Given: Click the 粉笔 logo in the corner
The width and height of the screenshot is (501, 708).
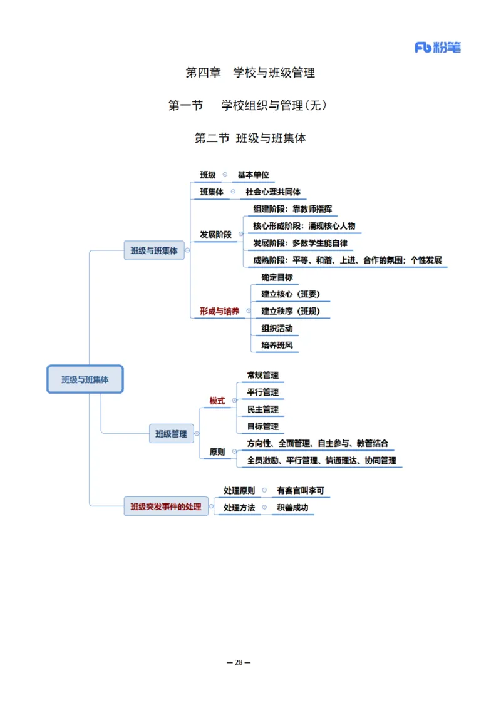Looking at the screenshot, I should pos(437,47).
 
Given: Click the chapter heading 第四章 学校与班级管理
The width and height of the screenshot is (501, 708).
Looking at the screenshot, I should pos(250,73).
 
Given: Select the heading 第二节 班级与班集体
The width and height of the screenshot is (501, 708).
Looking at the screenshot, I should pos(250,138).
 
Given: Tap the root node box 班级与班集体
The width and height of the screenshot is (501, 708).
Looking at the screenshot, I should pos(85,379).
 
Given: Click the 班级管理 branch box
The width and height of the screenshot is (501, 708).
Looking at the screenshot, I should pos(171,433).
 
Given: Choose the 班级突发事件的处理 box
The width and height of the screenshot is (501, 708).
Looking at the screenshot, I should pos(166,506).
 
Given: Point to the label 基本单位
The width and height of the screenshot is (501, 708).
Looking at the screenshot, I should pos(253,175).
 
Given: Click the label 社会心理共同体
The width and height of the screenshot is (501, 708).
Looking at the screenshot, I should pos(273,192).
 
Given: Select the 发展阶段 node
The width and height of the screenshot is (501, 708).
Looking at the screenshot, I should pos(215,235).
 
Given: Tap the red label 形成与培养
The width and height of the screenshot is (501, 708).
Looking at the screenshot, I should pos(219,310).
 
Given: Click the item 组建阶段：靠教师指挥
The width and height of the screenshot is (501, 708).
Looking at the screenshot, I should pos(292,209).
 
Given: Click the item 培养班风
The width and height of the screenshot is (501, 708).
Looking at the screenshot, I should pos(277,345).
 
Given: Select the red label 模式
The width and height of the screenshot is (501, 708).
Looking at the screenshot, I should pos(217,401).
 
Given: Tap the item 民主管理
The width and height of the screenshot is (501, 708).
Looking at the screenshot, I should pos(262,409).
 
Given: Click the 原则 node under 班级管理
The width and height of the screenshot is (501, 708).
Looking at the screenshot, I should pos(217,451).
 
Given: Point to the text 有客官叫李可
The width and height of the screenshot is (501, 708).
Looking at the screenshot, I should pos(301,491).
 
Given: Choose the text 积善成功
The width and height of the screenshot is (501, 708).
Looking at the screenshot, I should pos(292,508).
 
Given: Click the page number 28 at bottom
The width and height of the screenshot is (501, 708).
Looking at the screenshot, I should pos(238,662).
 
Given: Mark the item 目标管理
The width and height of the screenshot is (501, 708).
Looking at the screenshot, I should pos(262,426).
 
